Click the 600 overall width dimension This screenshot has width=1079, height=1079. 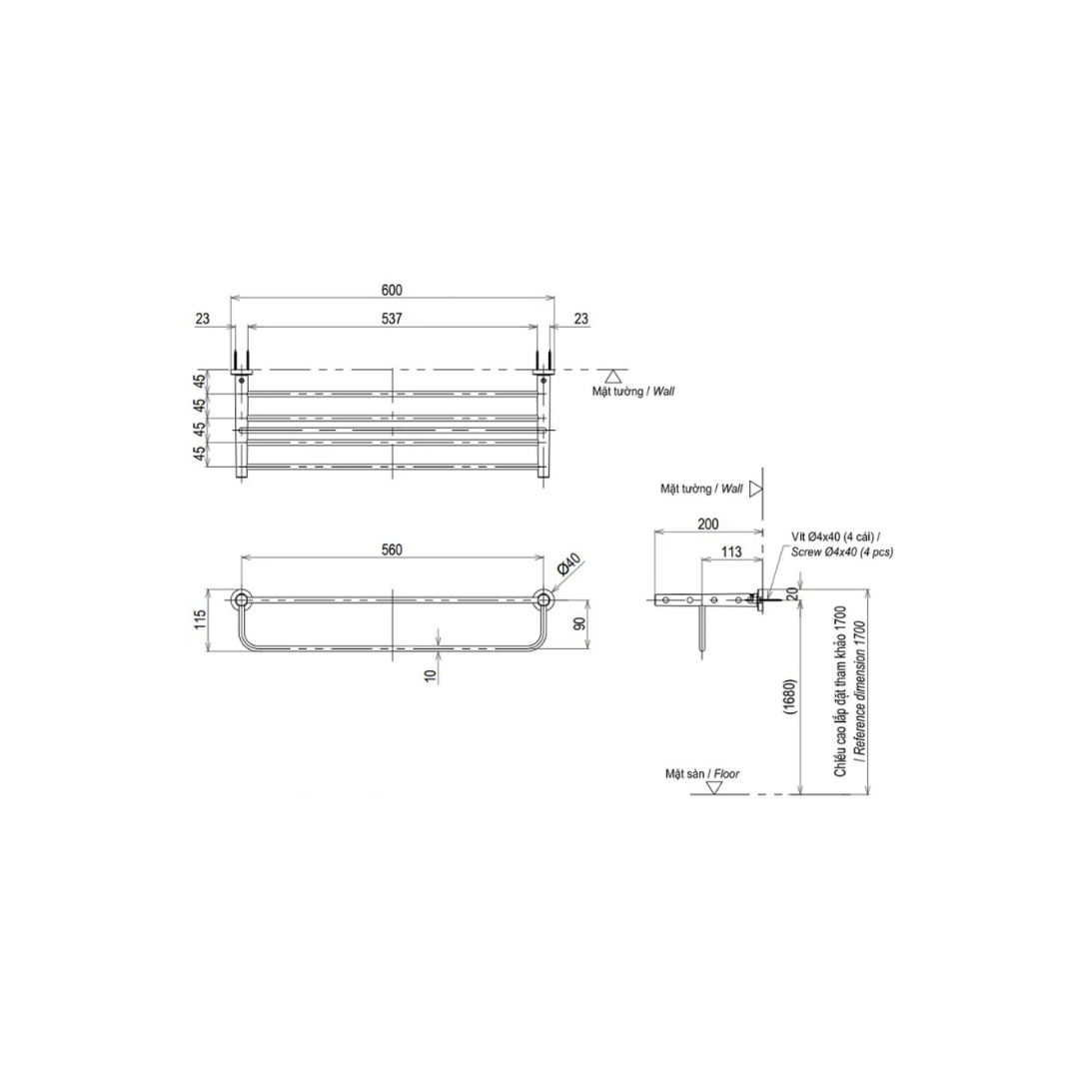[x=392, y=291]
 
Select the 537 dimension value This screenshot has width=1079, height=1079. [x=392, y=319]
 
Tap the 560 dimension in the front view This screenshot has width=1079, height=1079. [x=392, y=549]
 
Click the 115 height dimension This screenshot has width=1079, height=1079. [x=200, y=619]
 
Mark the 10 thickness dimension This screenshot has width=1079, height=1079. [x=432, y=675]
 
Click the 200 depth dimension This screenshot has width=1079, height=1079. [x=708, y=524]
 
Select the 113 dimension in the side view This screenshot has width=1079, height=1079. [x=731, y=551]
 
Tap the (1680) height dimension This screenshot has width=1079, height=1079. [x=789, y=699]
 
